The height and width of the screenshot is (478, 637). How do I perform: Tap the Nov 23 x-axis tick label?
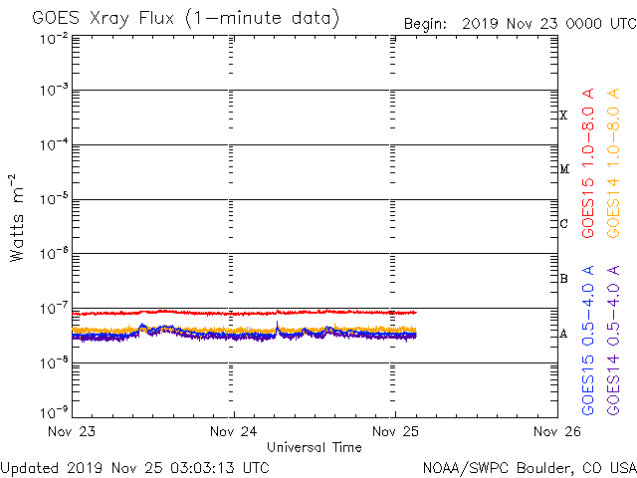pyautogui.click(x=75, y=431)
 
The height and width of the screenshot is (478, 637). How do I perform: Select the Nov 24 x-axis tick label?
pyautogui.click(x=234, y=431)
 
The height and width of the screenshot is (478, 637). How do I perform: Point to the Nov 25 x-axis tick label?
pyautogui.click(x=394, y=431)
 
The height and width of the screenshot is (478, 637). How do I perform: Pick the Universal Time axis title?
pyautogui.click(x=314, y=447)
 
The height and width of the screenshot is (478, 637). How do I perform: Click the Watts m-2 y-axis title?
pyautogui.click(x=17, y=217)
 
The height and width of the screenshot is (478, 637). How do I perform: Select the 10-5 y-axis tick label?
pyautogui.click(x=55, y=199)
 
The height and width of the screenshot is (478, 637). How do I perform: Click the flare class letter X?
pyautogui.click(x=563, y=116)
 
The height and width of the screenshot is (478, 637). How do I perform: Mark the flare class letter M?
pyautogui.click(x=563, y=169)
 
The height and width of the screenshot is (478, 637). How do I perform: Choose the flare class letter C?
pyautogui.click(x=563, y=224)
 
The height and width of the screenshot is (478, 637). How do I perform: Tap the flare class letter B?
pyautogui.click(x=563, y=279)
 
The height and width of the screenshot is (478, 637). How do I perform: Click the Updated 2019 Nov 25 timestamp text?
pyautogui.click(x=134, y=466)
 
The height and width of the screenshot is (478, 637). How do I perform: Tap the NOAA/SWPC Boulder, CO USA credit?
pyautogui.click(x=529, y=466)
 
